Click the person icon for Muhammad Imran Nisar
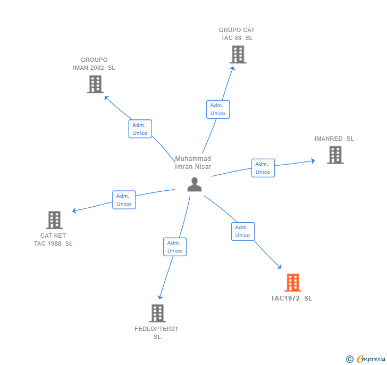tap(195, 184)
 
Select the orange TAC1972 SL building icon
tap(292, 282)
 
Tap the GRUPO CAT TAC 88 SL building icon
tap(238, 54)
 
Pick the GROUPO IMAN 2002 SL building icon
tap(95, 84)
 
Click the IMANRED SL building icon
tap(335, 155)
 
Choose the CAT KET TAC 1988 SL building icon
tap(54, 220)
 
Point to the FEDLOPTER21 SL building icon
tap(157, 313)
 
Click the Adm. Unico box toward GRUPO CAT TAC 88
tap(218, 109)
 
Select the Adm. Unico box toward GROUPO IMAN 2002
tap(140, 129)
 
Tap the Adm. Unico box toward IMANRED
tap(263, 168)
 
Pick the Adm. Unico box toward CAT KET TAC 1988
tap(124, 200)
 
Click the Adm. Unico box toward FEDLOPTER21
tap(174, 247)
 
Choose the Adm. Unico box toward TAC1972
tap(242, 231)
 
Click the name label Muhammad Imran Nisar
tap(193, 163)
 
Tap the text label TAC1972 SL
tap(291, 298)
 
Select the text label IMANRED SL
tap(334, 139)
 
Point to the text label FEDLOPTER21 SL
tap(156, 332)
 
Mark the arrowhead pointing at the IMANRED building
tap(313, 160)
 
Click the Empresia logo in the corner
tap(366, 359)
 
